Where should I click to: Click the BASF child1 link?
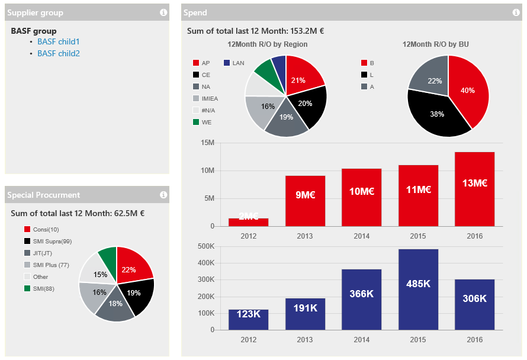[x=58, y=42]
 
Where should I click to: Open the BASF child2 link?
[x=58, y=54]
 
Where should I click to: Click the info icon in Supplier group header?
[x=163, y=12]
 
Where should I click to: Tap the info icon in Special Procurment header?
[x=163, y=195]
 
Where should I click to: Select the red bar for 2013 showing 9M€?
[x=305, y=201]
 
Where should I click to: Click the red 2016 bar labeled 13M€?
[x=474, y=189]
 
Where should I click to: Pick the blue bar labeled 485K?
[x=418, y=289]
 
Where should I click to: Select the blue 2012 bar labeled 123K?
[x=248, y=319]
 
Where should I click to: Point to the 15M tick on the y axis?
[x=207, y=143]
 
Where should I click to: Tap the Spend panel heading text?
[x=195, y=12]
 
